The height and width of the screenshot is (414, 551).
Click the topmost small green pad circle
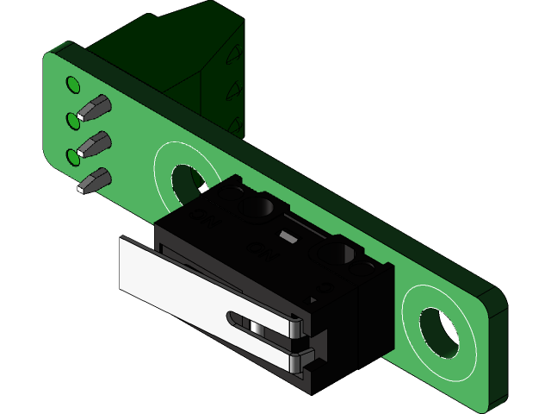[x=73, y=85]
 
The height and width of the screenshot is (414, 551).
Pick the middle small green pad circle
[x=73, y=120]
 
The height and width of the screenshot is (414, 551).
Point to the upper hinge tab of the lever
[x=295, y=325]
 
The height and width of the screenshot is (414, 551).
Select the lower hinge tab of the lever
[x=297, y=361]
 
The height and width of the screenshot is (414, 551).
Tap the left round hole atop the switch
[x=260, y=207]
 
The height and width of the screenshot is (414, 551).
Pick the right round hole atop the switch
[x=337, y=253]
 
